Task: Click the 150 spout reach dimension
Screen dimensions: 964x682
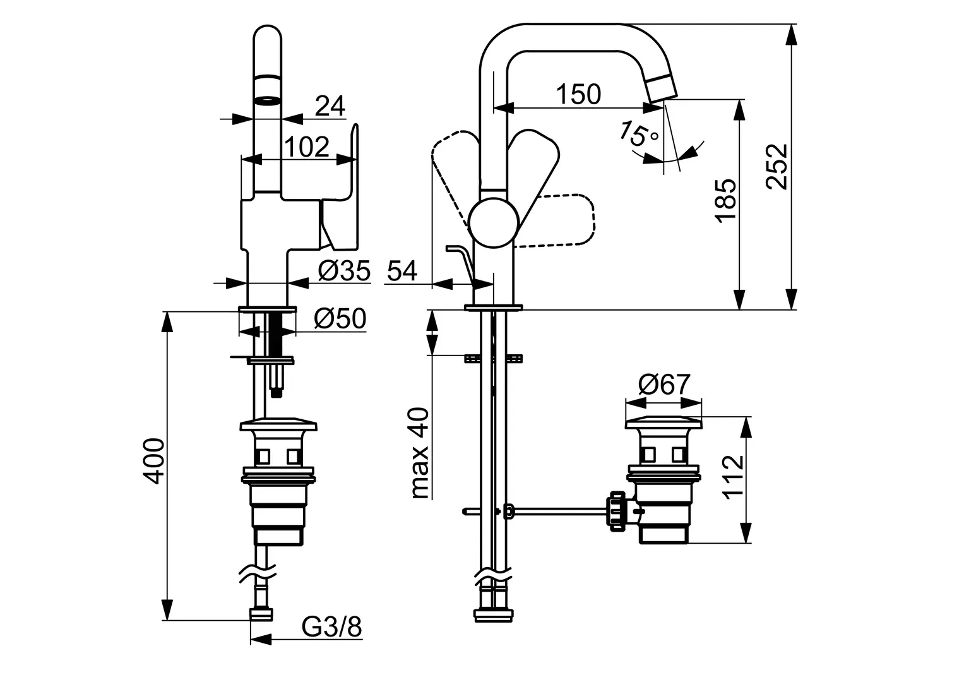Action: [578, 94]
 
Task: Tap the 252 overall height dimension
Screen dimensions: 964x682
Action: [777, 167]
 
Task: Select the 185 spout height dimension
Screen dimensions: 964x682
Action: [725, 201]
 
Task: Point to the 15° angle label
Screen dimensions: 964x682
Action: [638, 134]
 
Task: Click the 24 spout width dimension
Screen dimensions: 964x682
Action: [330, 105]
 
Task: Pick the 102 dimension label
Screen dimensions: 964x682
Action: [307, 147]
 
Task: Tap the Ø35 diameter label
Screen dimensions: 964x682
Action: [344, 271]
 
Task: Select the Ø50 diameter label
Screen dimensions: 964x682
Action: [340, 319]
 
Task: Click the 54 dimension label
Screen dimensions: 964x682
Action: [402, 271]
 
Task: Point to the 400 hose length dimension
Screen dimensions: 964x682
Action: [153, 461]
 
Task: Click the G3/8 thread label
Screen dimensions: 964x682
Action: [331, 627]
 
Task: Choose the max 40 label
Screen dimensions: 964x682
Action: [420, 453]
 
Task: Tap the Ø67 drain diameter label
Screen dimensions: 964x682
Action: [664, 384]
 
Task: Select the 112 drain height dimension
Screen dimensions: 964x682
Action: [733, 477]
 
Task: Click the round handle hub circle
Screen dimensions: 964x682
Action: [493, 224]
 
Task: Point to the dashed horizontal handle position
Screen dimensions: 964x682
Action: [555, 221]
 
